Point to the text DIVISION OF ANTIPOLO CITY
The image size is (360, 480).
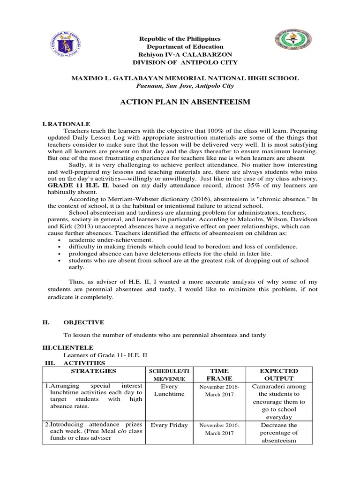pyautogui.click(x=185, y=62)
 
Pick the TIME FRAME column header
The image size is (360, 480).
pyautogui.click(x=219, y=374)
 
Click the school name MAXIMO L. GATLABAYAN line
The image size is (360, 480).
pyautogui.click(x=184, y=78)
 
